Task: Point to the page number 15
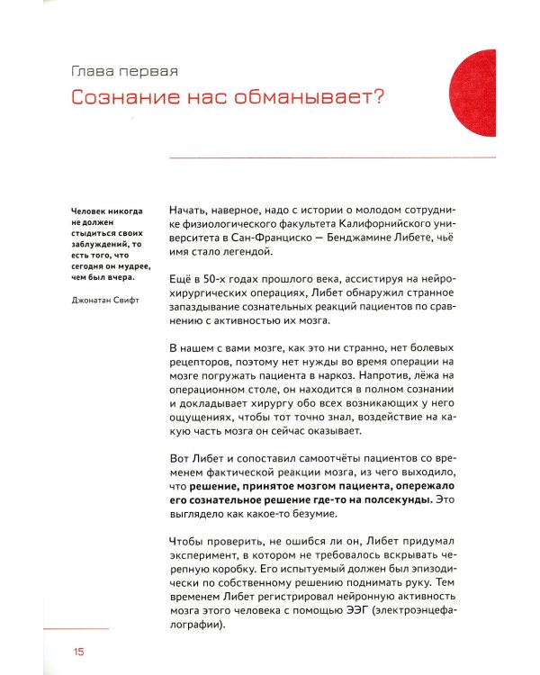[78, 651]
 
